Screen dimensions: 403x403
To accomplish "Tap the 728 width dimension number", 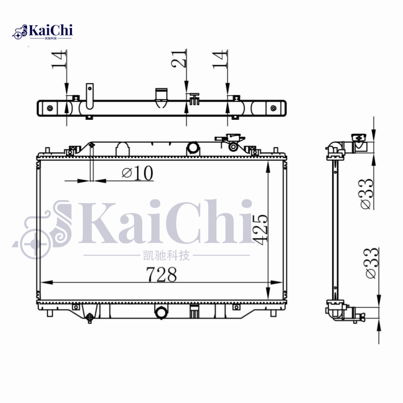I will [x=161, y=275].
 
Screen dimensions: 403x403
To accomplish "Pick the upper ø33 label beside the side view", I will [x=368, y=193].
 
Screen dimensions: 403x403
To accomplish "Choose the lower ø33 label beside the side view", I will [x=370, y=262].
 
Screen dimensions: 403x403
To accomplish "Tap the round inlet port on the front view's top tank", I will [x=193, y=147].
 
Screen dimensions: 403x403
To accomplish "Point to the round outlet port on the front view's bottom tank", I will [x=161, y=313].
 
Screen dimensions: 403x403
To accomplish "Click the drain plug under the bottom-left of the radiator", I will [x=90, y=318].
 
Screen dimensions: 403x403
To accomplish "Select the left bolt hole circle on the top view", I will [x=49, y=108].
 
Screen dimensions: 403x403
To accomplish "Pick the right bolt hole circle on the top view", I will [x=274, y=108].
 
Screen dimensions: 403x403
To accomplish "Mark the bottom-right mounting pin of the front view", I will [x=273, y=313].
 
